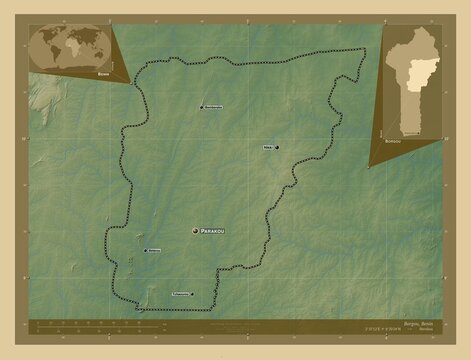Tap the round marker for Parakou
[x=194, y=230]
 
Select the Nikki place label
[x=267, y=147]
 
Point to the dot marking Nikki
[x=276, y=147]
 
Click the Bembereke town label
[x=213, y=107]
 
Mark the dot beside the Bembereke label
[x=201, y=107]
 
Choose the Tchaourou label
[x=178, y=294]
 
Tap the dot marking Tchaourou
[x=191, y=294]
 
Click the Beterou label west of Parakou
[x=154, y=251]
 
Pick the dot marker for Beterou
[x=145, y=251]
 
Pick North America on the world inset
[x=46, y=38]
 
